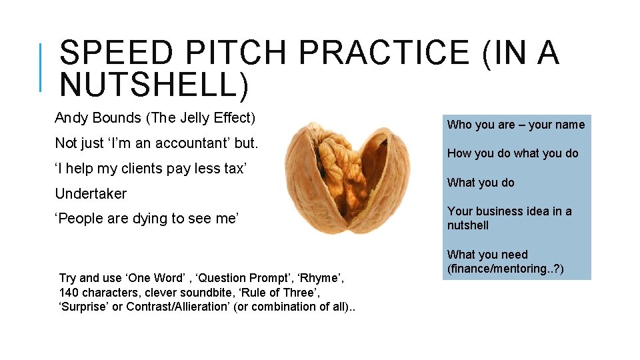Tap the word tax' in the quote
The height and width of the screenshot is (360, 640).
(x=235, y=169)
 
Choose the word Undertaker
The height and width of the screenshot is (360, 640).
(x=91, y=194)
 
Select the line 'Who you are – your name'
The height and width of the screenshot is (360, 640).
(x=515, y=125)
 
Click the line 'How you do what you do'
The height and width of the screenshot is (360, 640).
(x=513, y=153)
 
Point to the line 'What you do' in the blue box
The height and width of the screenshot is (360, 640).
(x=481, y=183)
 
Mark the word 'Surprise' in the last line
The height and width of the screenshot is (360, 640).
(x=83, y=307)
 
